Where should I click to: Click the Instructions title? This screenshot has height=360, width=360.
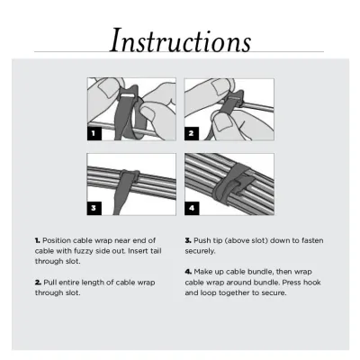(x=180, y=40)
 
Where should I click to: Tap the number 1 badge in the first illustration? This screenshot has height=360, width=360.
(x=94, y=133)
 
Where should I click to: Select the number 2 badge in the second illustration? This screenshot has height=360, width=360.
(x=192, y=133)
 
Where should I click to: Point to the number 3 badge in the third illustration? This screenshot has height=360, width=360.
(x=94, y=208)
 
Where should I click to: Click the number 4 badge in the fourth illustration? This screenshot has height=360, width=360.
(x=192, y=208)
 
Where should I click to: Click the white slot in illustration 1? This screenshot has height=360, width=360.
(x=128, y=95)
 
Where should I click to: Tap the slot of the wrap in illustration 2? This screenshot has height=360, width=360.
(x=233, y=98)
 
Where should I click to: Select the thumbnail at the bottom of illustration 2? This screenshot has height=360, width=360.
(x=222, y=122)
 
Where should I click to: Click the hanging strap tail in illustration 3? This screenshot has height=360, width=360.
(x=122, y=196)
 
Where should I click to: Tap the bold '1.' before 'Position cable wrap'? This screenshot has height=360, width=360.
(x=38, y=240)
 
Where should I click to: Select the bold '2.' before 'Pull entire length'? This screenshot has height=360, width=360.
(x=38, y=283)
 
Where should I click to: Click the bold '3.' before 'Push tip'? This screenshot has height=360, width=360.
(x=188, y=240)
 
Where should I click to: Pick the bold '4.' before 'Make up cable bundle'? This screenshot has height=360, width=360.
(x=188, y=272)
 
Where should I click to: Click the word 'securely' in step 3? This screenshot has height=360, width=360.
(x=200, y=251)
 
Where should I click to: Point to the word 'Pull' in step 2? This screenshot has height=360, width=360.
(x=50, y=283)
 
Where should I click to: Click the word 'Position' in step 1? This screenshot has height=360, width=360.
(x=57, y=240)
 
